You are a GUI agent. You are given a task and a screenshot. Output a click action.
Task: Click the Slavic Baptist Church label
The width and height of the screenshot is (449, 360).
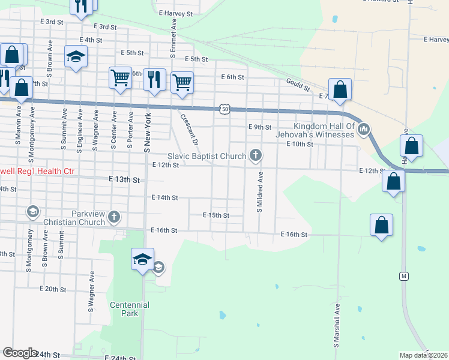(x=206, y=156)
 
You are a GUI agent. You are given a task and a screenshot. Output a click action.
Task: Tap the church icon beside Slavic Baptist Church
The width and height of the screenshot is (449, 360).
(x=256, y=156)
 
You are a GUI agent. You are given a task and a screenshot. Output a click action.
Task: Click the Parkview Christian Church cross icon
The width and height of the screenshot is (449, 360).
(x=114, y=217)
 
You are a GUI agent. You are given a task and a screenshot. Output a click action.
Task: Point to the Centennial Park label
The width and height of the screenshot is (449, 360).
(x=130, y=309)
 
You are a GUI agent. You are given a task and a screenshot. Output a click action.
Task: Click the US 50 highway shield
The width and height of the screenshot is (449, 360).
(x=224, y=109)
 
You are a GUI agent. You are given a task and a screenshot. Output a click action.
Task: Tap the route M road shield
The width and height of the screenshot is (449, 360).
(x=405, y=275)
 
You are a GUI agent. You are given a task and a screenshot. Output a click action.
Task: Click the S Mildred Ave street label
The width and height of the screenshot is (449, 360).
(x=260, y=193)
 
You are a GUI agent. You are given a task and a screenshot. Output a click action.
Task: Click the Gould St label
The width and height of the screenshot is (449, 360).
(x=298, y=85)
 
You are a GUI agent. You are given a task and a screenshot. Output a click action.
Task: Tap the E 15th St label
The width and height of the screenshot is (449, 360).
(x=216, y=215)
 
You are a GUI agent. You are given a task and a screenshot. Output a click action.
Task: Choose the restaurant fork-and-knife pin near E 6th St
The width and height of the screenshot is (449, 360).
(x=154, y=79)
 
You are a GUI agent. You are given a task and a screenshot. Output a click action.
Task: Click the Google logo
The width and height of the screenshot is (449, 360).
(x=20, y=353)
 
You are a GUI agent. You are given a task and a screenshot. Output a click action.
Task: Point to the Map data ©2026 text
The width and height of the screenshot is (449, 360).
(x=423, y=355)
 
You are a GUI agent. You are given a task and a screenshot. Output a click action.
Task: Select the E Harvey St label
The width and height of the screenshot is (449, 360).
(x=175, y=13)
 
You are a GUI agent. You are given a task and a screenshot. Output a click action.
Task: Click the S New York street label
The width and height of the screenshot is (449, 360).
(x=146, y=131)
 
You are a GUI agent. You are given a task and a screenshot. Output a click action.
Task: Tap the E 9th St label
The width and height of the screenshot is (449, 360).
(x=260, y=127)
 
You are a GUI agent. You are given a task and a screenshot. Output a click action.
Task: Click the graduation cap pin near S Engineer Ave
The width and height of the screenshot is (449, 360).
(x=76, y=57)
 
